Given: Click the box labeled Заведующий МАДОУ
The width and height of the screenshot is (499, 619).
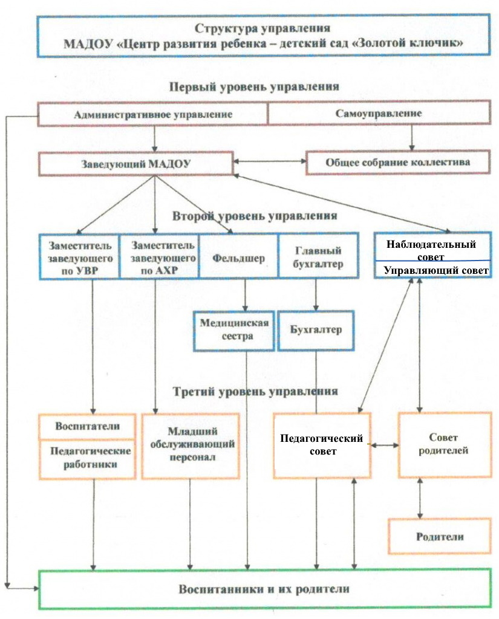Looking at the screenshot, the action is (x=135, y=163).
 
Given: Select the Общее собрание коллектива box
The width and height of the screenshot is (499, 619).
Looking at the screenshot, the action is (x=398, y=162).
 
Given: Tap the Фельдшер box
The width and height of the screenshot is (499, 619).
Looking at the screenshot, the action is (x=238, y=256).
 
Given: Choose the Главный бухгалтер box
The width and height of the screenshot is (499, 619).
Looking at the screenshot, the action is (x=318, y=256).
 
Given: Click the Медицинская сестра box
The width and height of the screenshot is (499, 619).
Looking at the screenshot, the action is (x=234, y=331).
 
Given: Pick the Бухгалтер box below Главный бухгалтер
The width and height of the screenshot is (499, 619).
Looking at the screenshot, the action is (x=316, y=331).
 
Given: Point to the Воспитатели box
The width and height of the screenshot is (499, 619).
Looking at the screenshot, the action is (x=87, y=426).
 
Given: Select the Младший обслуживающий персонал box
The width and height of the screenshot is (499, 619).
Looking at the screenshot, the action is (x=191, y=446).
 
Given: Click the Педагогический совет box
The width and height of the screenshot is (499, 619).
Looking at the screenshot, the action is (x=322, y=446).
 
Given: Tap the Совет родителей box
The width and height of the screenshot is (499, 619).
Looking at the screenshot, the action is (x=445, y=444).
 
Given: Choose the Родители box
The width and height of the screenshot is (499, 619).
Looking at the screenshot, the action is (x=440, y=536).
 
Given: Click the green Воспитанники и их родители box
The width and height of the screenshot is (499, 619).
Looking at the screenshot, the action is (x=265, y=589).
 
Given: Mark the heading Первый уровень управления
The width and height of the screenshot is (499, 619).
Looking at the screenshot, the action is (x=254, y=86).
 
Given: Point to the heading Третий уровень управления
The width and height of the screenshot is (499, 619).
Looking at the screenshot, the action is (x=255, y=391).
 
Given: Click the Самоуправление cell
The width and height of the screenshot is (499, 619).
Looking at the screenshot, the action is (x=379, y=113).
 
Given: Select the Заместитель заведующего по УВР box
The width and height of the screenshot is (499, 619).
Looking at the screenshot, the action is (x=79, y=257).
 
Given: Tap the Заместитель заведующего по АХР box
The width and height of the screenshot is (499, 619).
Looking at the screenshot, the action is (x=159, y=256).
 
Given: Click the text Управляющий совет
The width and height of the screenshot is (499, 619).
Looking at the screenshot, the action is (x=436, y=270).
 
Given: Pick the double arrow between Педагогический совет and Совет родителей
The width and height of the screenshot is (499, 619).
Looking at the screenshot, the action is (x=385, y=446).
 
